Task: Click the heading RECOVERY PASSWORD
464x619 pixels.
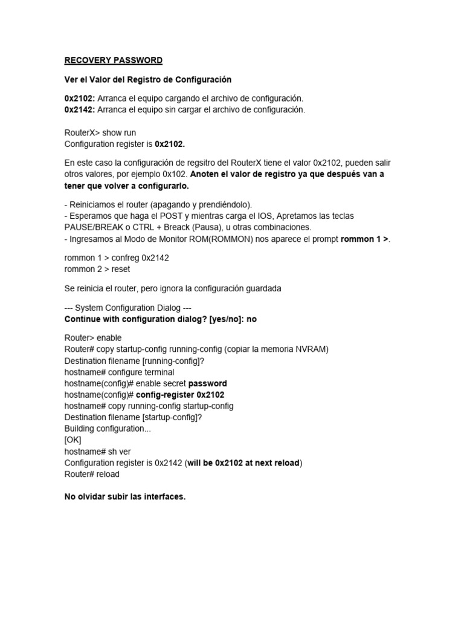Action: pos(114,60)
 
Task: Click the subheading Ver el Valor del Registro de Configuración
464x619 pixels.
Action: pos(148,79)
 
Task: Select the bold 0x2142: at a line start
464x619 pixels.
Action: pos(79,109)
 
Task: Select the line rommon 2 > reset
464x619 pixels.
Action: pos(97,268)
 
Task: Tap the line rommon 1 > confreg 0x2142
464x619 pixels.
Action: pos(117,258)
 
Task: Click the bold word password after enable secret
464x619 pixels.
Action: pos(207,383)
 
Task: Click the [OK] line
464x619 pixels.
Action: pos(72,440)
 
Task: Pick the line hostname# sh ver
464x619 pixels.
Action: pos(98,452)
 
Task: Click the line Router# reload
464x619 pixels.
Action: pos(92,475)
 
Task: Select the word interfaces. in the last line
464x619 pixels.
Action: pos(163,497)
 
